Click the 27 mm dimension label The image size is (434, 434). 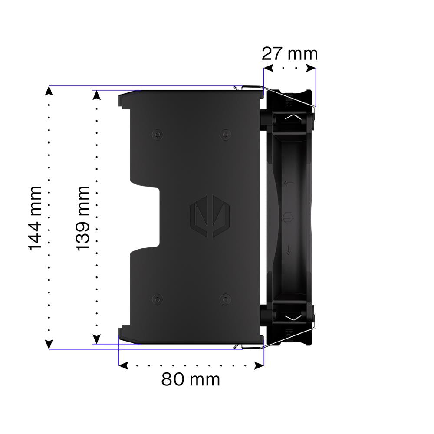point(289,54)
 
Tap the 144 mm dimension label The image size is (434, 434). point(35,218)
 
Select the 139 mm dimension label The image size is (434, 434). point(83,218)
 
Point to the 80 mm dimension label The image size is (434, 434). point(191,379)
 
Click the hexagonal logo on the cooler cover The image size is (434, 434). point(210,216)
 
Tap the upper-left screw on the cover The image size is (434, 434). point(158,135)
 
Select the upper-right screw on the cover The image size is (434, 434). point(225,135)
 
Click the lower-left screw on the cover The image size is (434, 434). point(158,299)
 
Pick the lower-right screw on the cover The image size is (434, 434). point(225,299)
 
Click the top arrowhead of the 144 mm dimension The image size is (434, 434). point(49,91)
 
